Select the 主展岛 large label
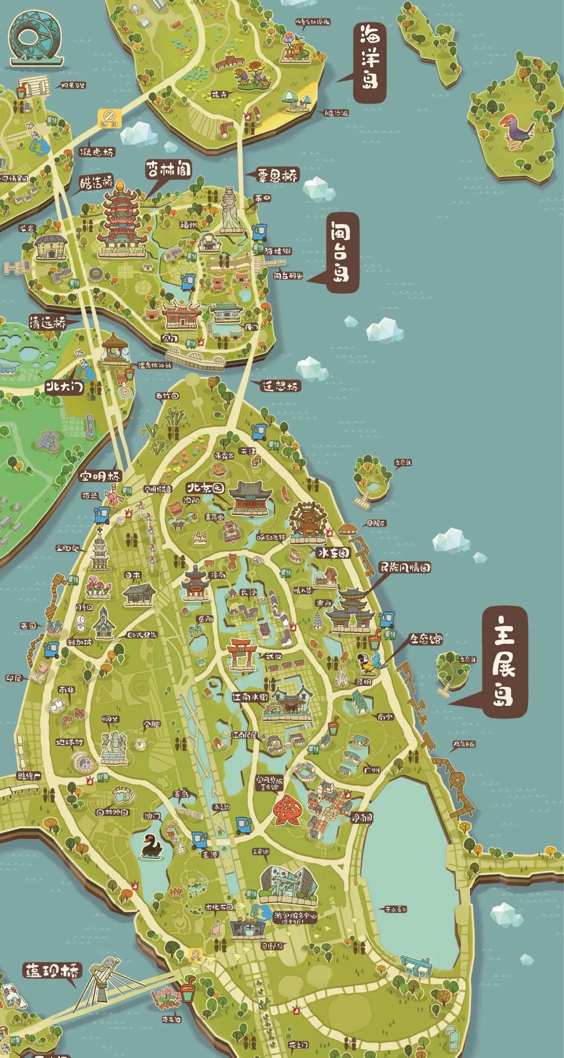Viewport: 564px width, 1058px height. click(x=504, y=661)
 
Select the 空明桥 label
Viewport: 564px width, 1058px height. click(x=100, y=476)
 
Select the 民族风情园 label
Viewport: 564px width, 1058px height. click(x=406, y=567)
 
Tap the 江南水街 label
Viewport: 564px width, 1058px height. click(x=250, y=697)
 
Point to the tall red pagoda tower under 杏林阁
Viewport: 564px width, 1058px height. click(x=121, y=219)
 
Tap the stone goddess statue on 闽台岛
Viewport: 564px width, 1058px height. click(x=230, y=210)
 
